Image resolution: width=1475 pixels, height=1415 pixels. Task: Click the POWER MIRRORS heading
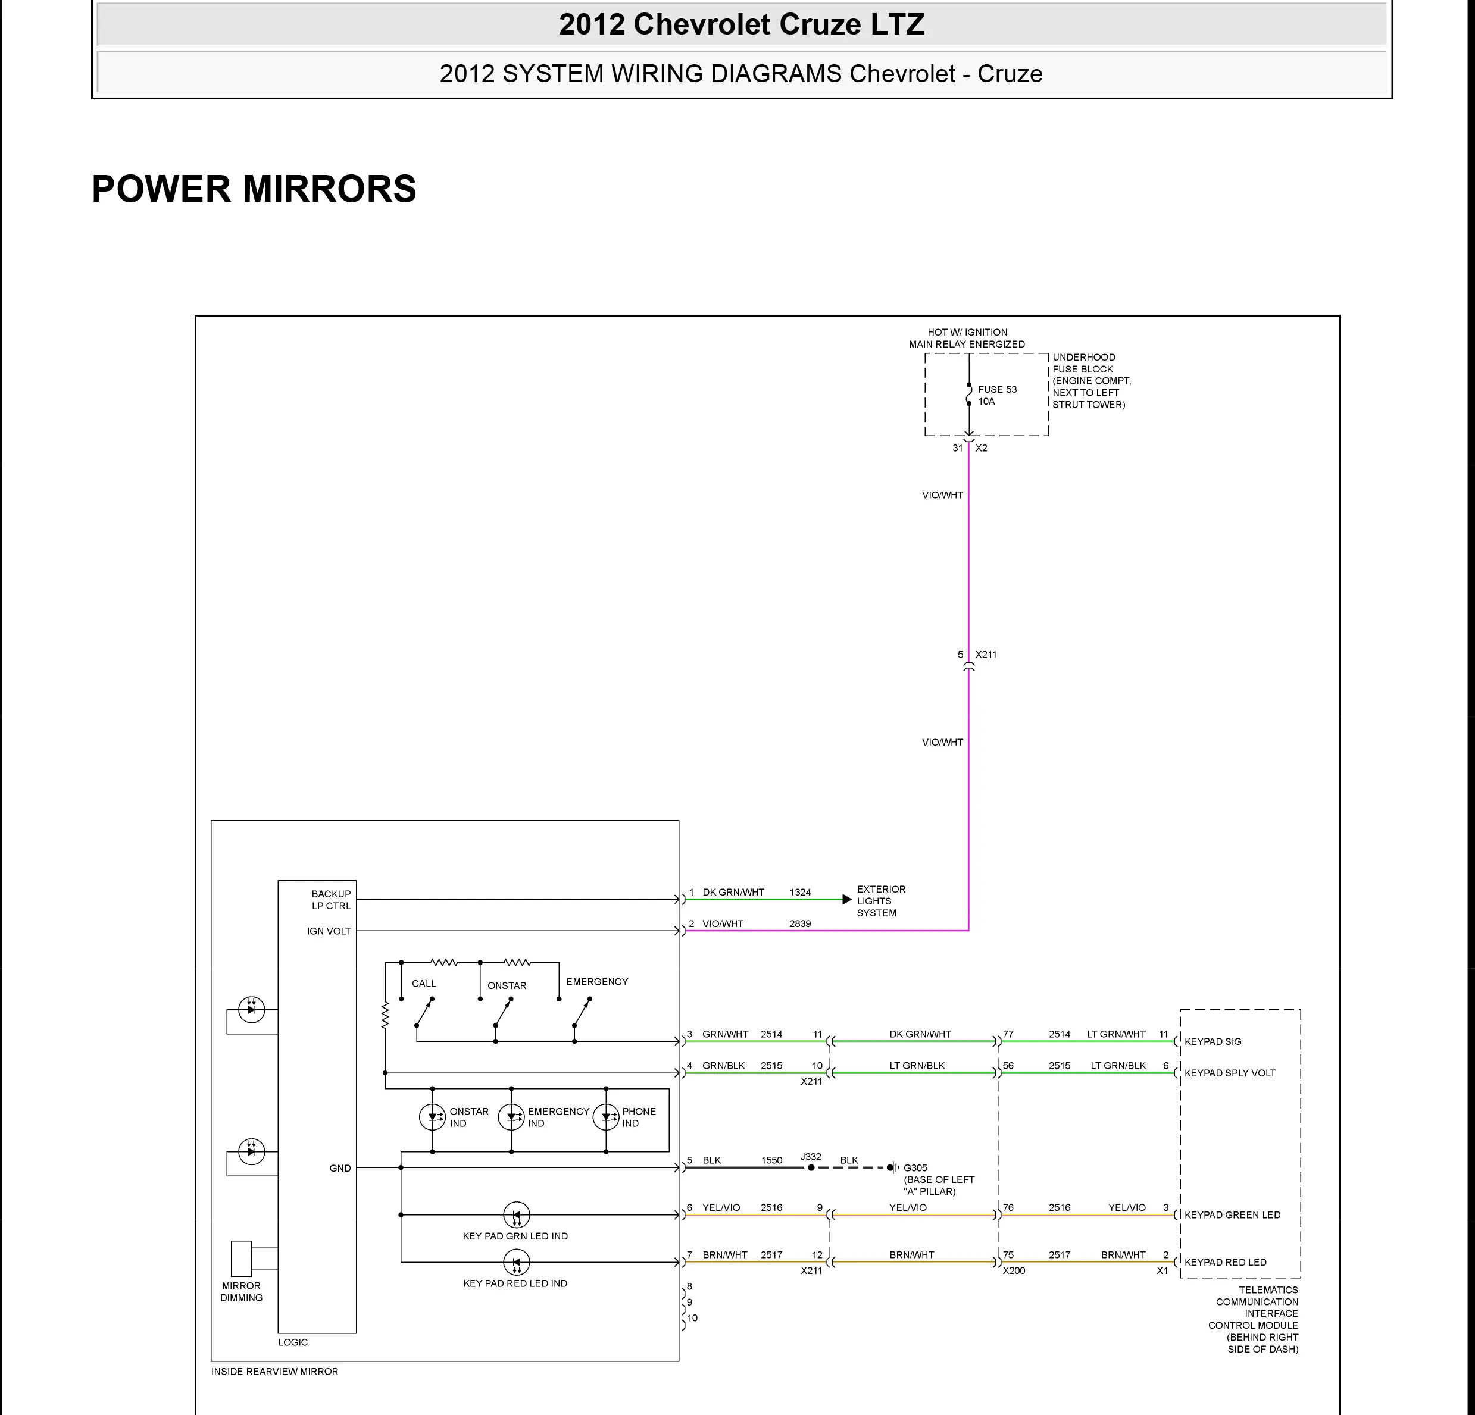(254, 189)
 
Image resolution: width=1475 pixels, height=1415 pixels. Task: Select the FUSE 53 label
(996, 390)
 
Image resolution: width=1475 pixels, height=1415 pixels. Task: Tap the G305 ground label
(915, 1168)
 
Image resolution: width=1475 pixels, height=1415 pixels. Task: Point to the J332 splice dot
(811, 1168)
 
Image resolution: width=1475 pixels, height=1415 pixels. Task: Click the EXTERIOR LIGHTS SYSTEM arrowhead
(846, 899)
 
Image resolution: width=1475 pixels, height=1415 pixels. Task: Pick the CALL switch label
(424, 983)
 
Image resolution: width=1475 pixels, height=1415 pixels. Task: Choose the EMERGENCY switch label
(597, 982)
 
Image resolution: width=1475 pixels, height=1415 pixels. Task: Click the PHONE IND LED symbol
(606, 1117)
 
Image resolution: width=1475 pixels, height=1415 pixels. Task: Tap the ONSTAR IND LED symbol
(432, 1117)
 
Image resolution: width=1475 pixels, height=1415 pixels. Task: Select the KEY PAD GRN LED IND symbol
(516, 1214)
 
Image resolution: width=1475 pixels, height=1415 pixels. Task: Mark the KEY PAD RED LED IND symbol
(516, 1261)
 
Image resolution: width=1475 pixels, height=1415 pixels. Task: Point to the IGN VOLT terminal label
(329, 931)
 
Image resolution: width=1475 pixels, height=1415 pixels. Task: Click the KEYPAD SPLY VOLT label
(1230, 1073)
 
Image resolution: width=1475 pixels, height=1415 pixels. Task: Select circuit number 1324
(800, 892)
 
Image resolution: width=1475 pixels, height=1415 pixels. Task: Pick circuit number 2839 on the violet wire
(800, 923)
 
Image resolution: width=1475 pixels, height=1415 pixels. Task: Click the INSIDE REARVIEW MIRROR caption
(274, 1372)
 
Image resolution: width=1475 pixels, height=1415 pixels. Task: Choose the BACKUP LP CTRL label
(331, 900)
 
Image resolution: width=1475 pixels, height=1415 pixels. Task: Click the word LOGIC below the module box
(293, 1342)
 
